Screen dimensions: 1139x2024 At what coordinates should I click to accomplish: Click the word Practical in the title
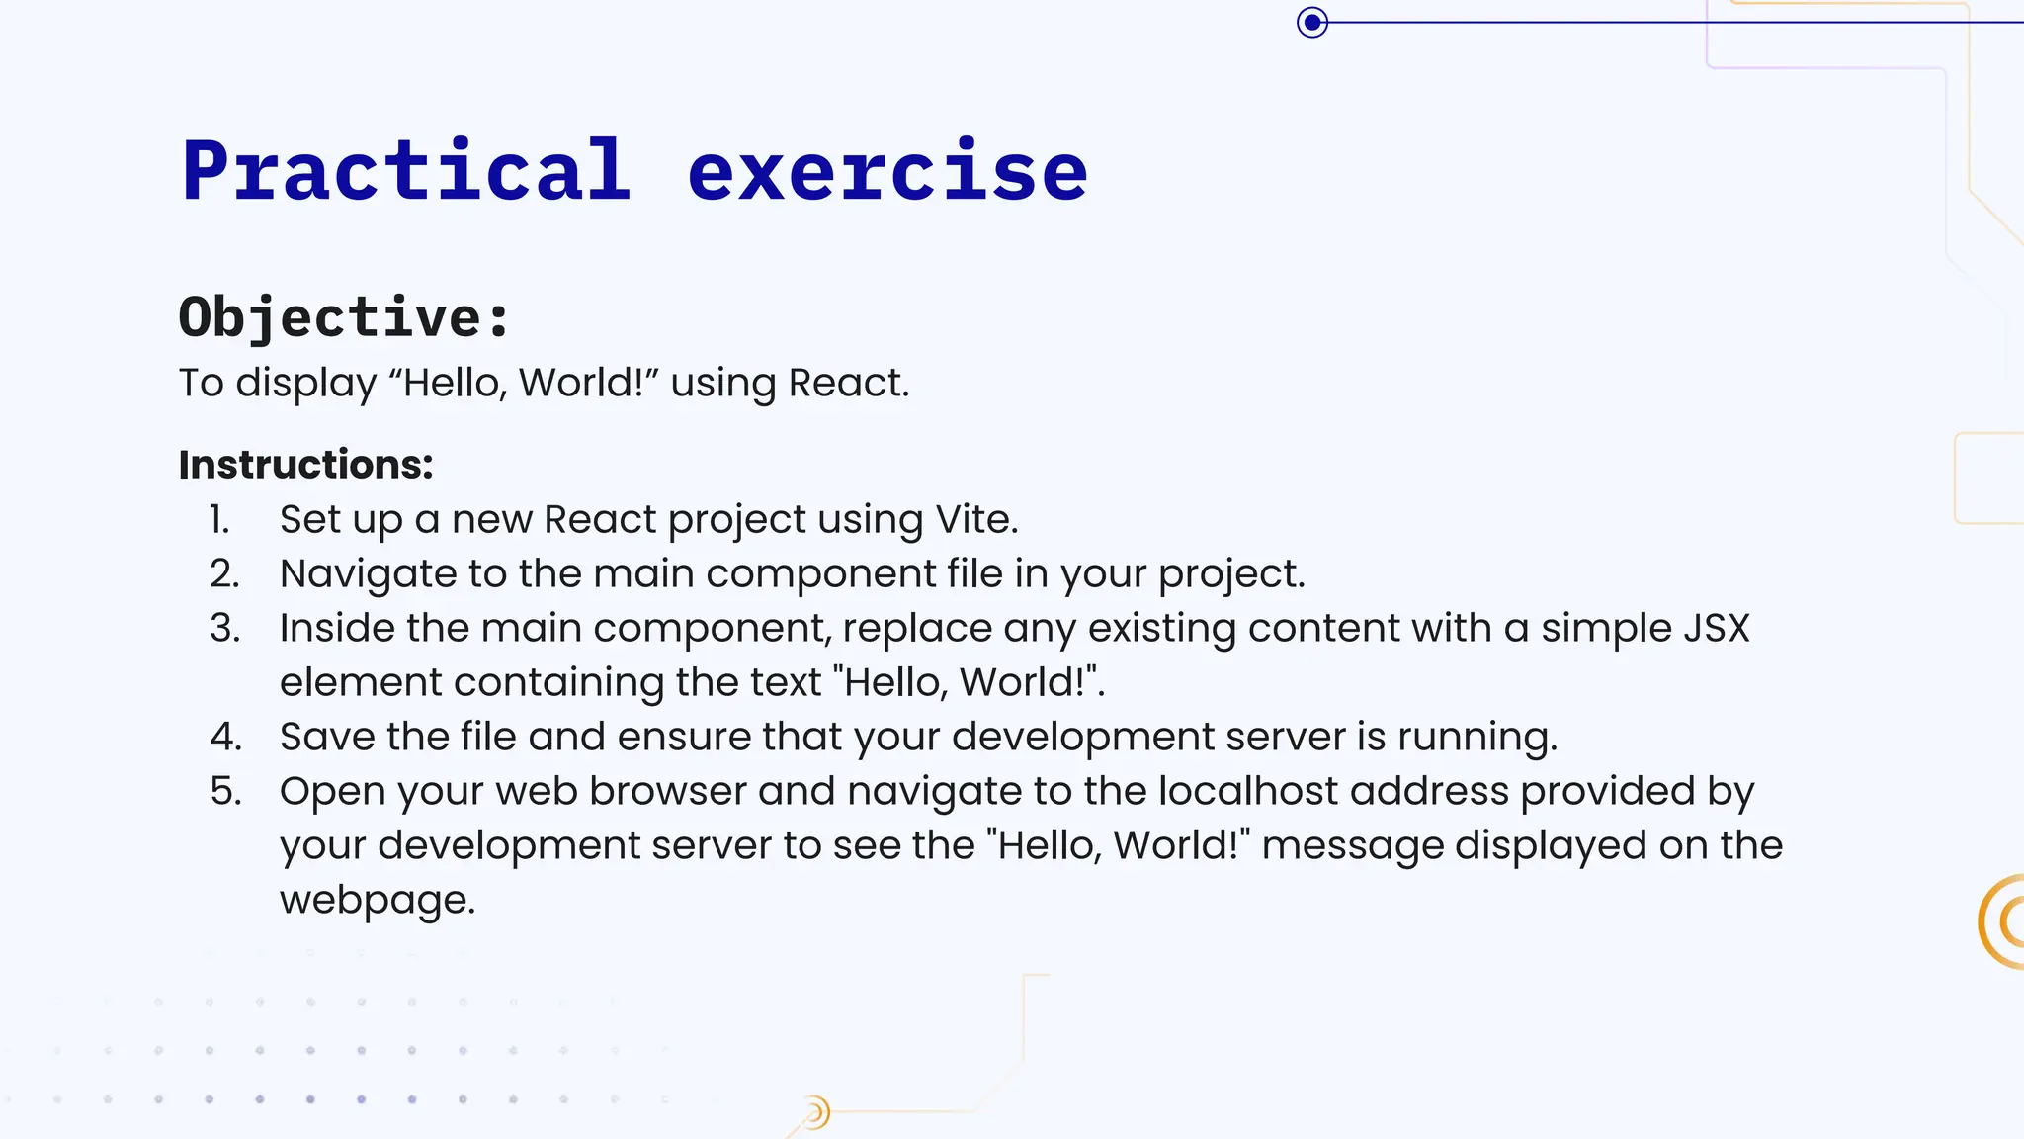pyautogui.click(x=406, y=171)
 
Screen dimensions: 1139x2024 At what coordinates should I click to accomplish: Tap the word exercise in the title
pyautogui.click(x=887, y=171)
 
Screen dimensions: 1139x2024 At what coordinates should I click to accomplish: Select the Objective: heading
pyautogui.click(x=344, y=317)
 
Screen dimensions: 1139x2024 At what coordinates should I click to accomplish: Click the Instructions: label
pyautogui.click(x=305, y=465)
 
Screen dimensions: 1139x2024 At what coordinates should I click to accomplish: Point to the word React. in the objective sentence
pyautogui.click(x=849, y=383)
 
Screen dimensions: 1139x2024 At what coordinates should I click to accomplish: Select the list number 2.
pyautogui.click(x=224, y=573)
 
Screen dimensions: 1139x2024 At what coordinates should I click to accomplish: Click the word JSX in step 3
pyautogui.click(x=1716, y=628)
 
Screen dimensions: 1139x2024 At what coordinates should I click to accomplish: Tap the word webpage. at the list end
pyautogui.click(x=378, y=901)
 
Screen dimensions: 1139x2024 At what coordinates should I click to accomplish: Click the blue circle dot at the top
pyautogui.click(x=1312, y=22)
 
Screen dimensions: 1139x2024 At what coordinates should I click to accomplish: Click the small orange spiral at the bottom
pyautogui.click(x=814, y=1113)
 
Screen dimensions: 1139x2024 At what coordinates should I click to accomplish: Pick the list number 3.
pyautogui.click(x=224, y=628)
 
